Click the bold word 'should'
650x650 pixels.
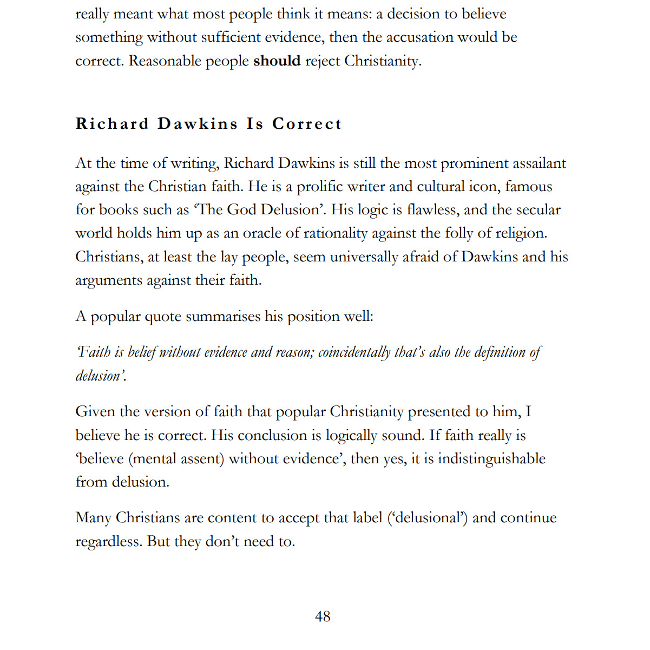pyautogui.click(x=277, y=61)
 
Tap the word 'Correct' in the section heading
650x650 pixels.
pyautogui.click(x=307, y=124)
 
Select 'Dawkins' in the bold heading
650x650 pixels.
pyautogui.click(x=198, y=124)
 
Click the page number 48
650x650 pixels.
pyautogui.click(x=323, y=616)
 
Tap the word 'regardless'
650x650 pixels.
pyautogui.click(x=108, y=542)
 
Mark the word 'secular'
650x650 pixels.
pyautogui.click(x=535, y=210)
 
